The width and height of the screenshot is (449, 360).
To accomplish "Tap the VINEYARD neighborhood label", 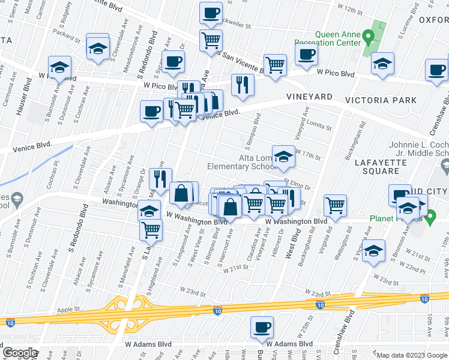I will coord(309,97).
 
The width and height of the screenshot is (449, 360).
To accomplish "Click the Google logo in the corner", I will coord(19,353).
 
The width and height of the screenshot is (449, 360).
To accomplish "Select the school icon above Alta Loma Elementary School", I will coord(283,156).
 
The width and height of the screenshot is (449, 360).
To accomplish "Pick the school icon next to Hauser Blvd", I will coord(60,68).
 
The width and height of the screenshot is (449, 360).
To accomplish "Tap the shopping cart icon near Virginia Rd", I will coord(336,205).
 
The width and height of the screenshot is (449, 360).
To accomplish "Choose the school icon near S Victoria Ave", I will coord(373,251).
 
